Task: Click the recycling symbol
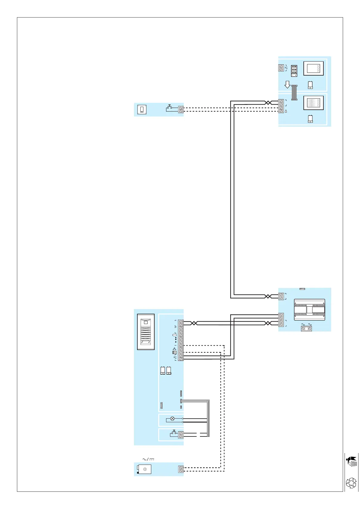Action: (351, 483)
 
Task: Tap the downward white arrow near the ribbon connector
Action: (287, 85)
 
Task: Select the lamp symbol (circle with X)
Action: (172, 419)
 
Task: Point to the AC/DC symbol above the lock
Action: (148, 459)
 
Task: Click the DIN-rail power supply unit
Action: (309, 310)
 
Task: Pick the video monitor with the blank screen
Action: (313, 68)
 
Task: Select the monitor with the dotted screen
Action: (313, 103)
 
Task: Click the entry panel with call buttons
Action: (146, 332)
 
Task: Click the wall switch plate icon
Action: (142, 109)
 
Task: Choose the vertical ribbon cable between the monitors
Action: (294, 92)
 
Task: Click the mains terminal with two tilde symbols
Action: (306, 328)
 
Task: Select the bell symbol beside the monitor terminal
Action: (286, 111)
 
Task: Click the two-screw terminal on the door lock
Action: (181, 469)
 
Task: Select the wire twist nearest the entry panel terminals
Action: (195, 323)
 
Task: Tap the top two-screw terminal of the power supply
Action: (281, 296)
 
